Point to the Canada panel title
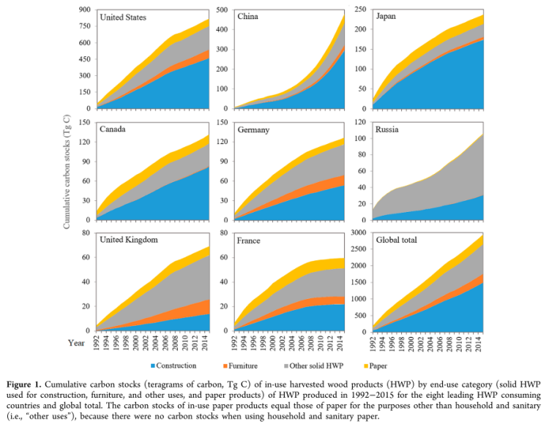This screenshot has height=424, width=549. (x=113, y=129)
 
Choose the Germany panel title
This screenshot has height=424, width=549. (x=254, y=129)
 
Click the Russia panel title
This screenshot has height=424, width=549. (x=387, y=129)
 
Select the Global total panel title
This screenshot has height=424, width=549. (x=398, y=241)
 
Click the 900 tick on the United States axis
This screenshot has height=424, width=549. (x=85, y=10)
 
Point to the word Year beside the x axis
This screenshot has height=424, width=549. (x=75, y=342)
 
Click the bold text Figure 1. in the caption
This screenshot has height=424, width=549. (x=83, y=382)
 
